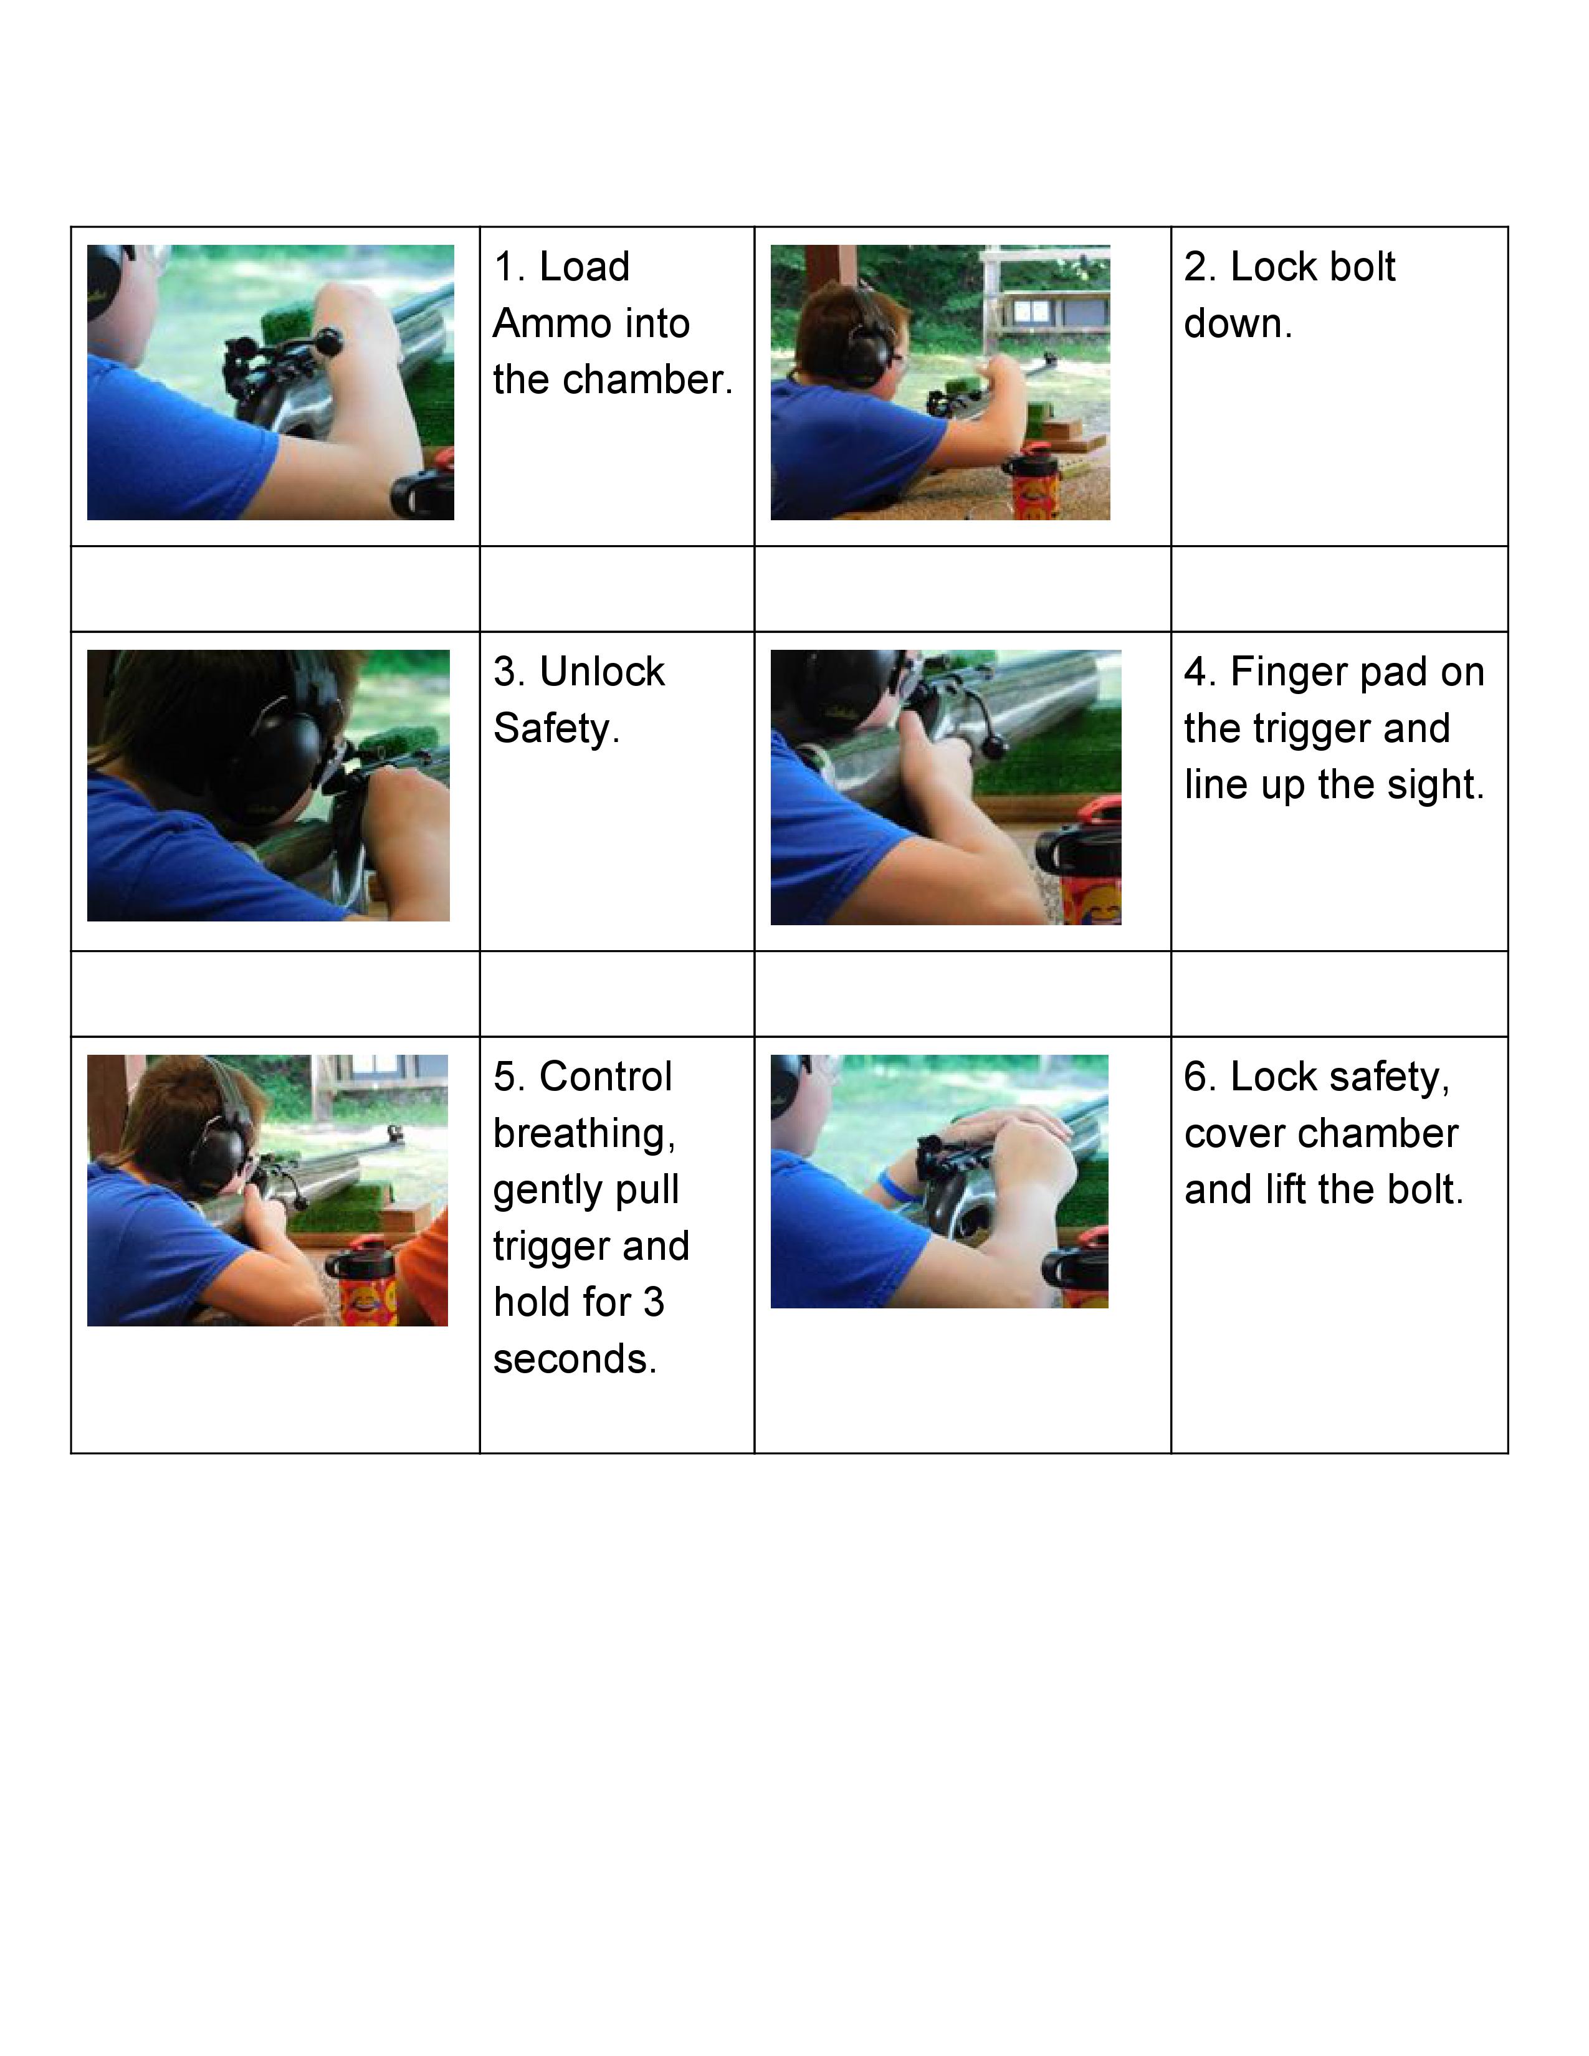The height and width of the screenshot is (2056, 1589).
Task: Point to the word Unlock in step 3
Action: tap(603, 672)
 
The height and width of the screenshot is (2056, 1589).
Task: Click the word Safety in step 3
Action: tap(555, 730)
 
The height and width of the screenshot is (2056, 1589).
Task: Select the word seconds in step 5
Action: tap(575, 1359)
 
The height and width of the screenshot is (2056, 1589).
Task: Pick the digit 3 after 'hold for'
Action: tap(653, 1303)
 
